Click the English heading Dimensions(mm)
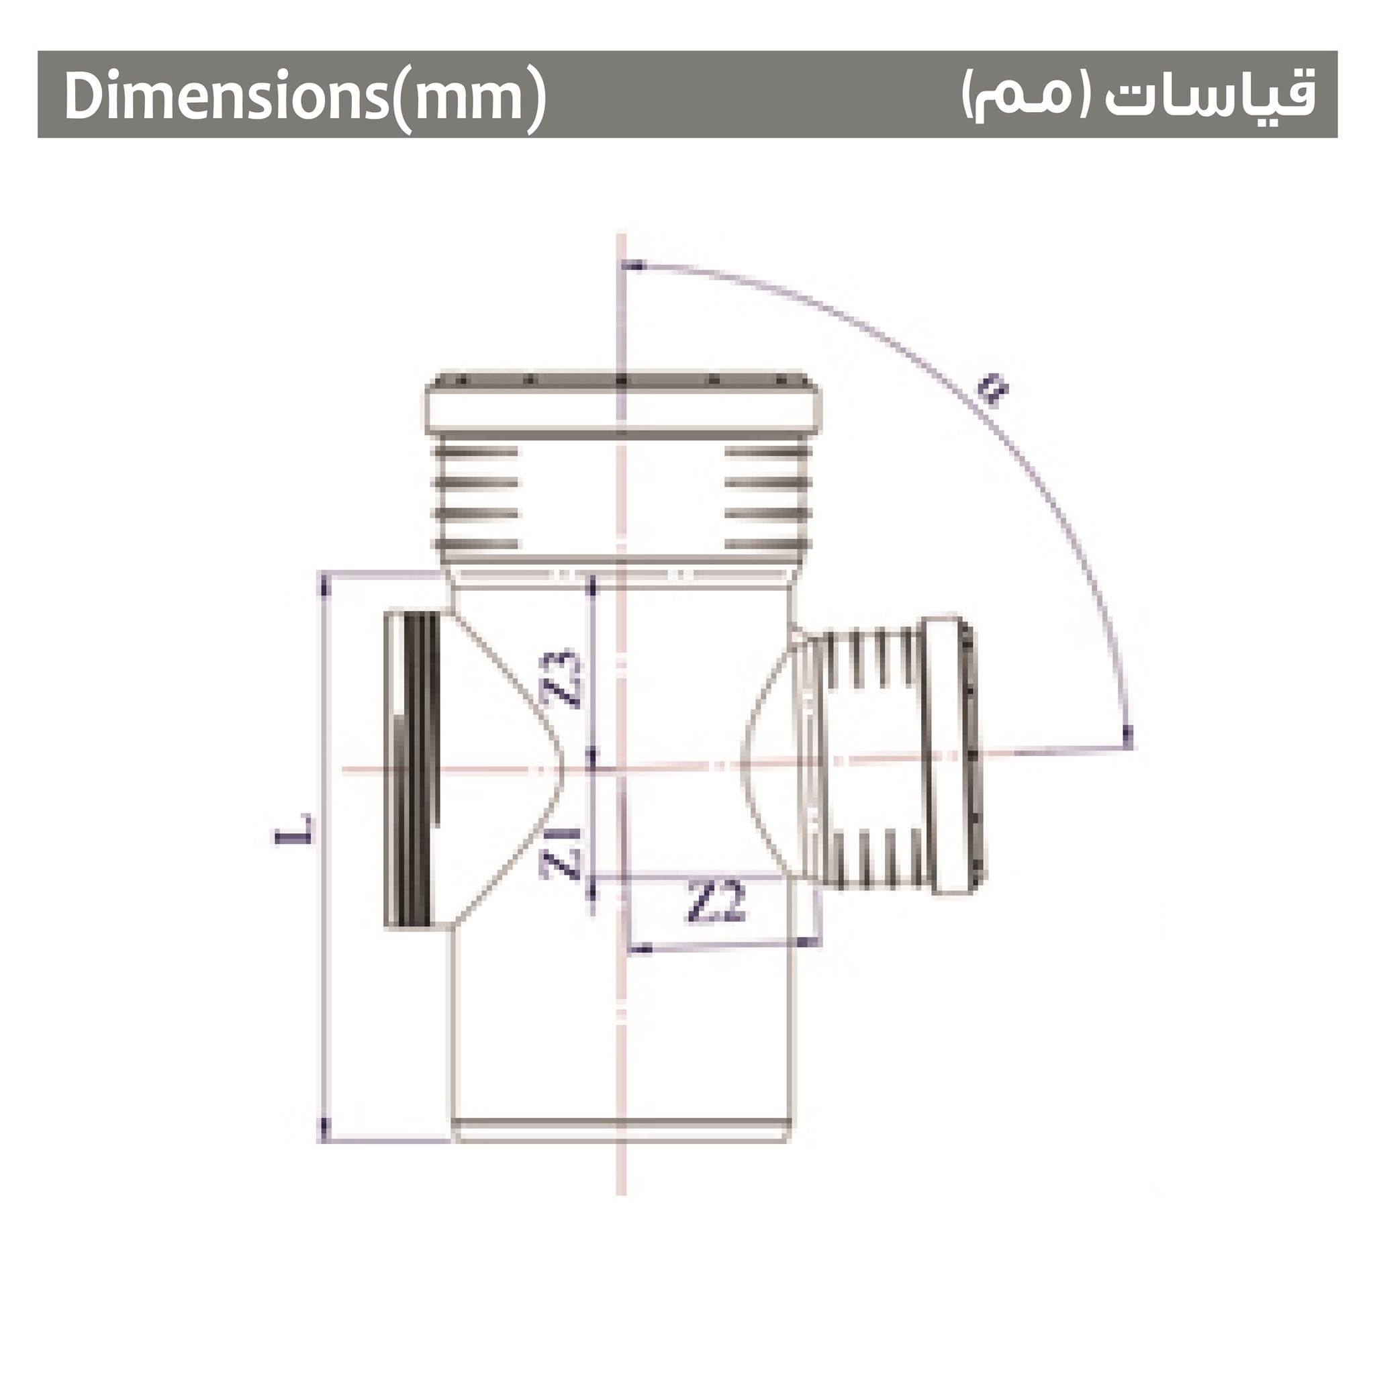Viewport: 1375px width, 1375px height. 305,96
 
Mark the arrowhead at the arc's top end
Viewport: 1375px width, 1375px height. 634,267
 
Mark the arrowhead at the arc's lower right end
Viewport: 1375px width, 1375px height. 1126,736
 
